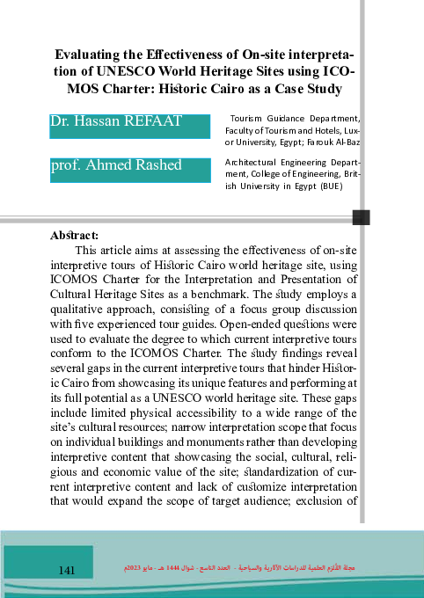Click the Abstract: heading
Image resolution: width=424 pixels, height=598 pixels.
click(x=75, y=236)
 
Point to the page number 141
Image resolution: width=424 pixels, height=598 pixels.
click(x=65, y=571)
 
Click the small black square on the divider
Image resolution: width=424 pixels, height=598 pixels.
click(x=361, y=217)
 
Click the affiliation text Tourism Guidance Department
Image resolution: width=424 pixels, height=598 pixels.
click(x=294, y=117)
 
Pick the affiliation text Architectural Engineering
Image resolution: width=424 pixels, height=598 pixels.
click(x=279, y=163)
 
